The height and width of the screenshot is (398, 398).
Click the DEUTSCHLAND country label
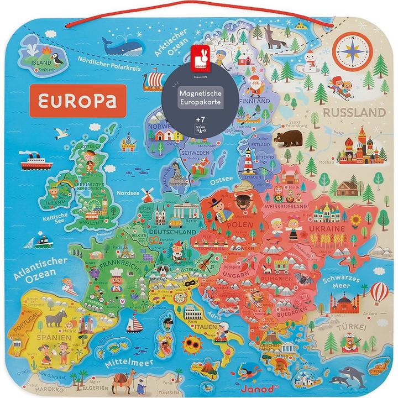point(176,233)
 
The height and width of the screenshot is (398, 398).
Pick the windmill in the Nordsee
point(147,194)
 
